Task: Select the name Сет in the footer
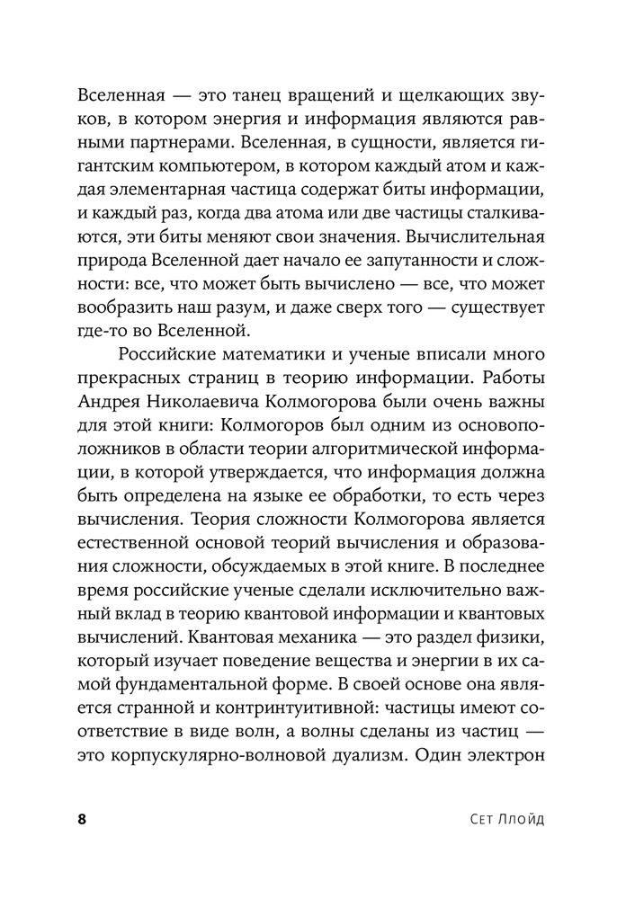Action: tap(470, 819)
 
